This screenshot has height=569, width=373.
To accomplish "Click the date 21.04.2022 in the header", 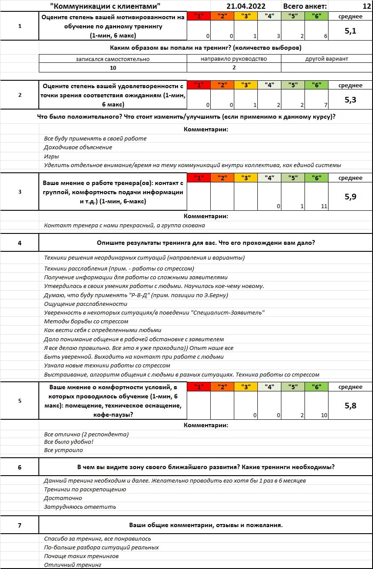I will pyautogui.click(x=246, y=6).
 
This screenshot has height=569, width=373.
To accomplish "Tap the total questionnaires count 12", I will pyautogui.click(x=366, y=6).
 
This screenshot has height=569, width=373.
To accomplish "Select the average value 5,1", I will pyautogui.click(x=350, y=31).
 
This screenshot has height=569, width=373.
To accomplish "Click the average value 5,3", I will pyautogui.click(x=350, y=100).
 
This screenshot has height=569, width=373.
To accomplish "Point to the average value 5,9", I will pyautogui.click(x=350, y=197).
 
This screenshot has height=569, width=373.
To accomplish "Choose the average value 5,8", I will pyautogui.click(x=350, y=406).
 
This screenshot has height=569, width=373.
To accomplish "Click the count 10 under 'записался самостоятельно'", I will pyautogui.click(x=113, y=67).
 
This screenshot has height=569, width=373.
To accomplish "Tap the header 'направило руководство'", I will pyautogui.click(x=234, y=58).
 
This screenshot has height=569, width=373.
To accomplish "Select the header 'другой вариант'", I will pyautogui.click(x=326, y=58).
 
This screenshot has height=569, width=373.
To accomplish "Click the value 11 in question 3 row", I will pyautogui.click(x=324, y=206).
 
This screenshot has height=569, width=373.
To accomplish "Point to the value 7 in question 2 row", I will pyautogui.click(x=325, y=105).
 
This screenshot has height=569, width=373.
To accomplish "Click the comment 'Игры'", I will pyautogui.click(x=51, y=156).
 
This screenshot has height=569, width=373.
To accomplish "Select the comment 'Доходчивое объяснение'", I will pyautogui.click(x=78, y=147).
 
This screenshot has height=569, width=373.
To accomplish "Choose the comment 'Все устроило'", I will pyautogui.click(x=63, y=450).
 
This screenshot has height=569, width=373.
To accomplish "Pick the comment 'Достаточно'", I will pyautogui.click(x=63, y=498).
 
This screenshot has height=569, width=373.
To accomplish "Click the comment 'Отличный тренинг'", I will pyautogui.click(x=72, y=565).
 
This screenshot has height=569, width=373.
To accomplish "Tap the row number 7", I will pyautogui.click(x=20, y=525).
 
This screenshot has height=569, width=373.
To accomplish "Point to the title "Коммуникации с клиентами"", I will pyautogui.click(x=105, y=6).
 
